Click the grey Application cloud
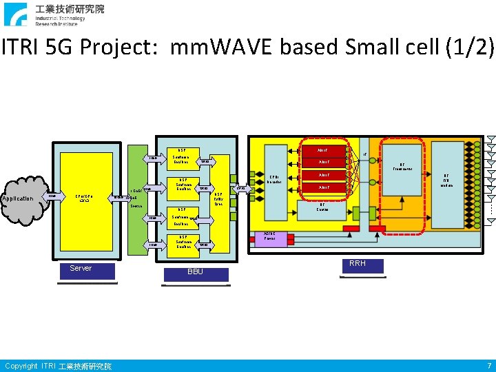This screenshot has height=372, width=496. tap(21, 199)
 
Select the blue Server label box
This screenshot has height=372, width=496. tap(81, 269)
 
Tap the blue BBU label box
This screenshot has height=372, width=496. tap(195, 273)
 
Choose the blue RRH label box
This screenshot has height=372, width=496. tap(358, 265)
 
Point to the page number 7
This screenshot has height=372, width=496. tap(488, 366)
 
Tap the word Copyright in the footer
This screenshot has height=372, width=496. tap(21, 366)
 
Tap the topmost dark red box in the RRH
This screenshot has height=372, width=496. tap(324, 150)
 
